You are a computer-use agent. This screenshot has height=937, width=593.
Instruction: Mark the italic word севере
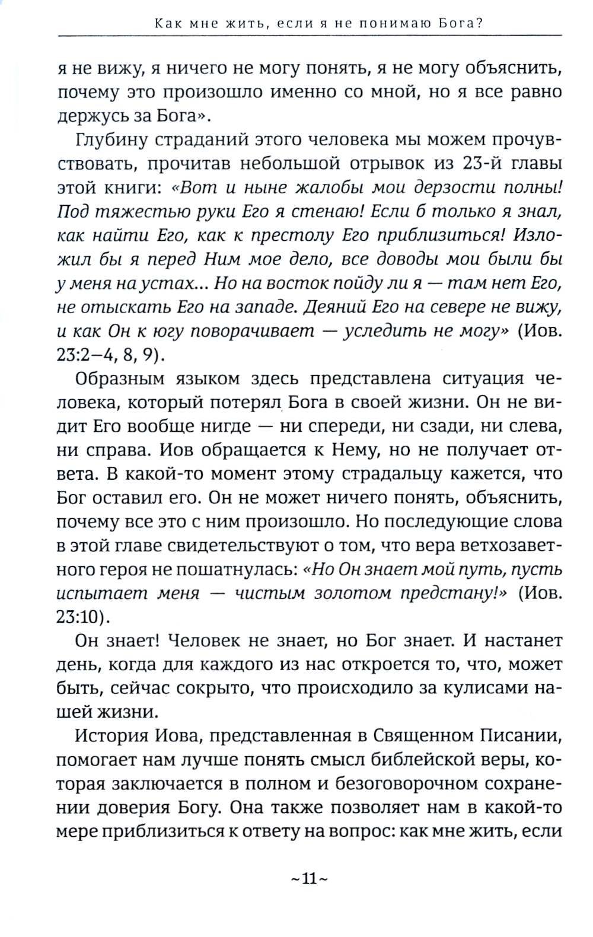448,307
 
